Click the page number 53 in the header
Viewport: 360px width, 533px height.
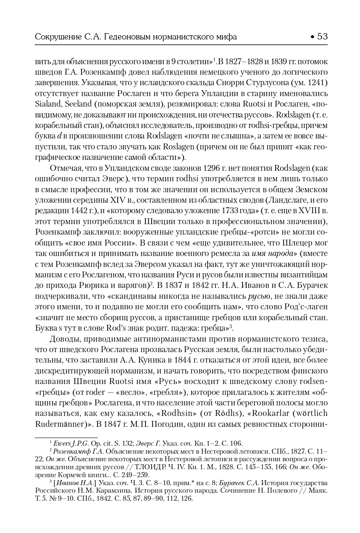[x=322, y=37]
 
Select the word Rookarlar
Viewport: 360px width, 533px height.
[x=252, y=415]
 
